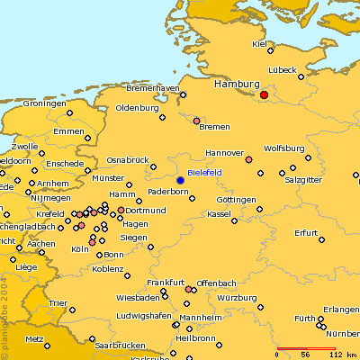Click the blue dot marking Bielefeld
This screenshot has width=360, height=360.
tap(180, 181)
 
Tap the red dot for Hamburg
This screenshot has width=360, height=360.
tap(264, 94)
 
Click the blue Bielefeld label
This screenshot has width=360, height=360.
tap(207, 172)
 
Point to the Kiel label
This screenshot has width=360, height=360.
tap(261, 43)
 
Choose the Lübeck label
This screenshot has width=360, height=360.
tap(282, 70)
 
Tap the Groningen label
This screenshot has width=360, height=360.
tap(45, 103)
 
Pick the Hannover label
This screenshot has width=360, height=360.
tap(225, 152)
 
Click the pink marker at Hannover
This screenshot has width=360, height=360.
tap(248, 159)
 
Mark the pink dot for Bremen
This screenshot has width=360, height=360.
tap(196, 120)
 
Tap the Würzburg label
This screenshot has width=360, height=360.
tap(237, 297)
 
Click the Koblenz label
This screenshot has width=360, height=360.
tap(108, 268)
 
